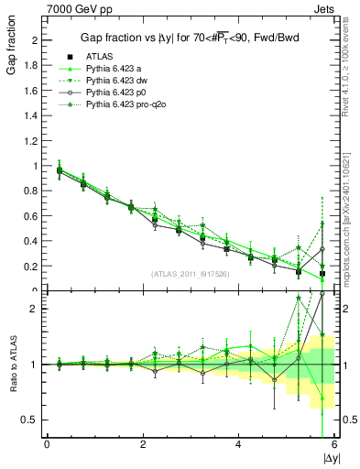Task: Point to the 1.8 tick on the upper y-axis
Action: tap(31, 65)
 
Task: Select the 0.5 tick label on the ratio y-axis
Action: tap(31, 420)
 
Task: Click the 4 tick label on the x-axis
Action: tap(238, 444)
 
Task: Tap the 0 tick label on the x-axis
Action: tap(47, 444)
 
